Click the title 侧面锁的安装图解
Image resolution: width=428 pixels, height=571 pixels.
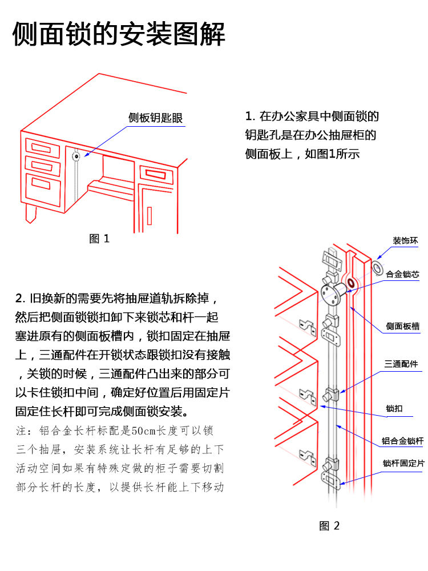tap(119, 34)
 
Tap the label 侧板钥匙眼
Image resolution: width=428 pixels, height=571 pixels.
tap(155, 118)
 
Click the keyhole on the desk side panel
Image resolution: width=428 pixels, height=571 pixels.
tap(75, 155)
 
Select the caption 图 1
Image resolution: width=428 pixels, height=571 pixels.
tap(99, 239)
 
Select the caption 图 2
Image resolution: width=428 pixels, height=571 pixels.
tap(329, 526)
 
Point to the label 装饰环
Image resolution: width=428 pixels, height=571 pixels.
tap(405, 241)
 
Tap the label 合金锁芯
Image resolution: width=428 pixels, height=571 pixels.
tap(402, 274)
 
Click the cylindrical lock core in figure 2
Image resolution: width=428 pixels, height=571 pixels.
tap(337, 292)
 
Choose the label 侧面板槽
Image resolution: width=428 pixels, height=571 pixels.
tap(402, 326)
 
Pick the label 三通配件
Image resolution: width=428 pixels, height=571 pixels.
tap(401, 364)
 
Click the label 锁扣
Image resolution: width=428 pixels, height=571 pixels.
tap(394, 408)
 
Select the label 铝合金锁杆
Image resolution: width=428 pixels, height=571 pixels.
tap(402, 441)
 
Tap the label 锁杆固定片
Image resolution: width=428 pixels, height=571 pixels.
tap(403, 463)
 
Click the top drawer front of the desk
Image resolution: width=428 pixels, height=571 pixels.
tap(43, 150)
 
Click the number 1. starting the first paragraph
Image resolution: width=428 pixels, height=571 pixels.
tap(249, 117)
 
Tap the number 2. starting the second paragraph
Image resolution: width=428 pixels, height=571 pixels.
tap(21, 298)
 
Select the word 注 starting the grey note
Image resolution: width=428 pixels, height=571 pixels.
tap(20, 431)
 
